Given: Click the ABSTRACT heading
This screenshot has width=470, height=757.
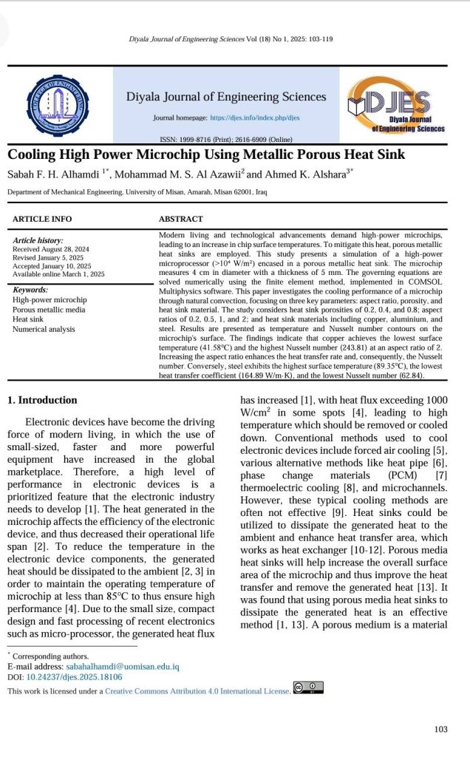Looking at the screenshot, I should pyautogui.click(x=180, y=219).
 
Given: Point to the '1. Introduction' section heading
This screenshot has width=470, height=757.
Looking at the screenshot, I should pyautogui.click(x=42, y=400).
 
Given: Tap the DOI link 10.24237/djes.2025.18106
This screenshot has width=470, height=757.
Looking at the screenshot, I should pyautogui.click(x=75, y=676).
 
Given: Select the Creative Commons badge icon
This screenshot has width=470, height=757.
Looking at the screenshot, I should pyautogui.click(x=308, y=688).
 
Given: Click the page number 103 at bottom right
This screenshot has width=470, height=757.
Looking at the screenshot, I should pyautogui.click(x=441, y=730).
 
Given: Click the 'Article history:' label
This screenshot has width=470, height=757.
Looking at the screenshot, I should pyautogui.click(x=38, y=241).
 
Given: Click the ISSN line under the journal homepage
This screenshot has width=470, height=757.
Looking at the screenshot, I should pyautogui.click(x=226, y=139).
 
